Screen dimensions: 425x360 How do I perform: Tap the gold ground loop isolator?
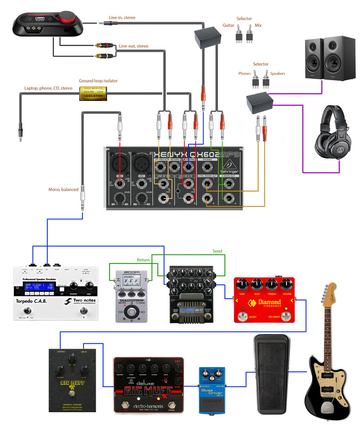coord(93,95)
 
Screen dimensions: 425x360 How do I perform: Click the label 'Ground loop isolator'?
coord(98,81)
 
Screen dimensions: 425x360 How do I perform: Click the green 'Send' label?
coord(217,251)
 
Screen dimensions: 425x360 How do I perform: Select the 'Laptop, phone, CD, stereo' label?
coord(48,88)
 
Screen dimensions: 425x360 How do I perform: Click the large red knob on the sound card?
coord(68,14)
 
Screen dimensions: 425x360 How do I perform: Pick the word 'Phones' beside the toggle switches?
coord(245,74)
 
